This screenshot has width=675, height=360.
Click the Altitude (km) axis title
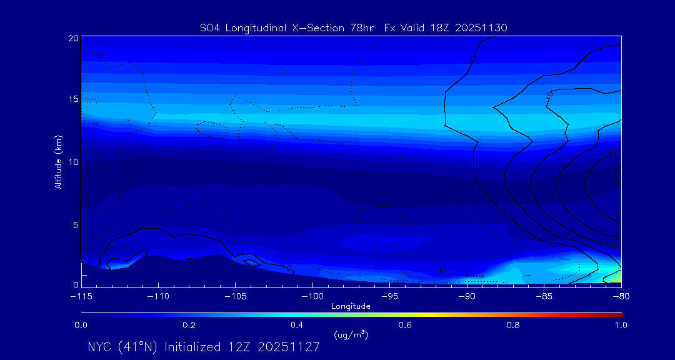tap(58, 162)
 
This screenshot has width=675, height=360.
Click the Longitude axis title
tap(351, 306)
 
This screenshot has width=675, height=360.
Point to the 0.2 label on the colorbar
tap(189, 325)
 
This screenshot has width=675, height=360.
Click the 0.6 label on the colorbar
tap(405, 325)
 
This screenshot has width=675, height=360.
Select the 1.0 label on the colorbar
tap(620, 325)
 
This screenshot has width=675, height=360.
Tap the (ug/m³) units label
tap(351, 335)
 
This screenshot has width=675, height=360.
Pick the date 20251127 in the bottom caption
tap(293, 347)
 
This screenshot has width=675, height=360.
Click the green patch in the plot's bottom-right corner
tap(616, 276)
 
